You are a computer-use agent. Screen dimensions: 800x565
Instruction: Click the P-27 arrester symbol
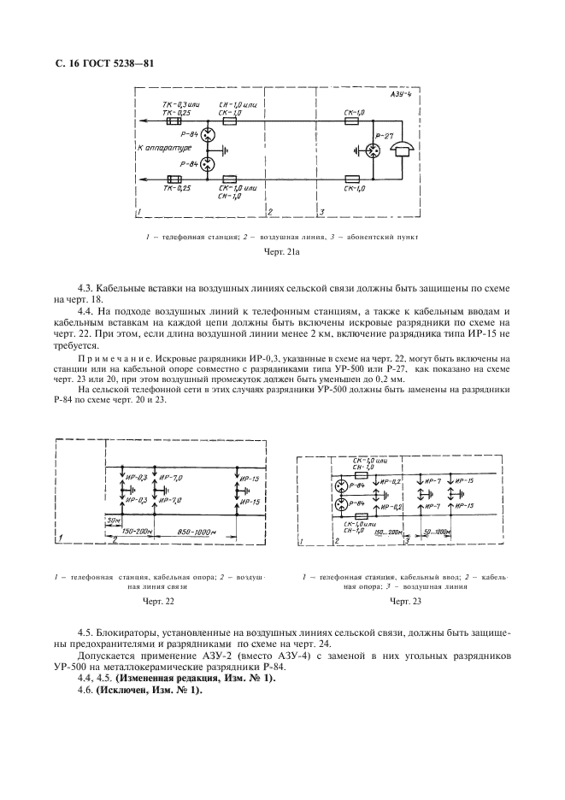click(374, 150)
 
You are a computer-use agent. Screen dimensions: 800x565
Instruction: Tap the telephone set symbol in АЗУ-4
click(400, 150)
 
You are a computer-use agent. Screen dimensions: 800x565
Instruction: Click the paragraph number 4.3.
click(86, 291)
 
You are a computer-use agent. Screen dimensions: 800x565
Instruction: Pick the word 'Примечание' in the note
click(114, 357)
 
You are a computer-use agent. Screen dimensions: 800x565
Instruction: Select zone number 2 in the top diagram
click(269, 210)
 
